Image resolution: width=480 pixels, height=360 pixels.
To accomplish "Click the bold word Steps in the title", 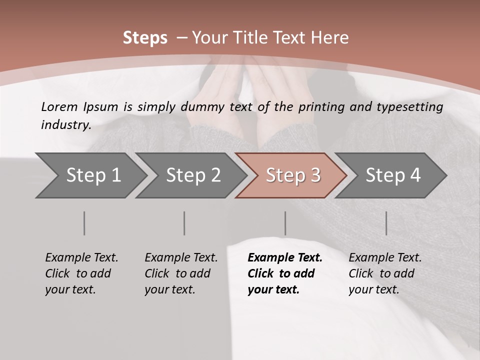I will [145, 37].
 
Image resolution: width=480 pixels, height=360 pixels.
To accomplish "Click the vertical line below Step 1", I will [84, 223].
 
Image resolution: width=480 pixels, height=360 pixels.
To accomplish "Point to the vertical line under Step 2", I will [184, 223].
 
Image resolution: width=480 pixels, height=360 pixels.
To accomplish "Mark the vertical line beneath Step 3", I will [285, 223].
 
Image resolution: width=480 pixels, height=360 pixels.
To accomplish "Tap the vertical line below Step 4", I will [386, 223].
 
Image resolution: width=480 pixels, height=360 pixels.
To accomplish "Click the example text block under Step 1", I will [81, 273].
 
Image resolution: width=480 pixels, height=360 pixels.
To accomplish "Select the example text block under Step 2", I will [180, 273].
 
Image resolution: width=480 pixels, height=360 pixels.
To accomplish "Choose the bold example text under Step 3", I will [284, 273].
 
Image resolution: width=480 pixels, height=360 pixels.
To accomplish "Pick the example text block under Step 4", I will [384, 273].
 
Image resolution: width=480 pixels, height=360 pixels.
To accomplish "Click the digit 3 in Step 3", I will [315, 175].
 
